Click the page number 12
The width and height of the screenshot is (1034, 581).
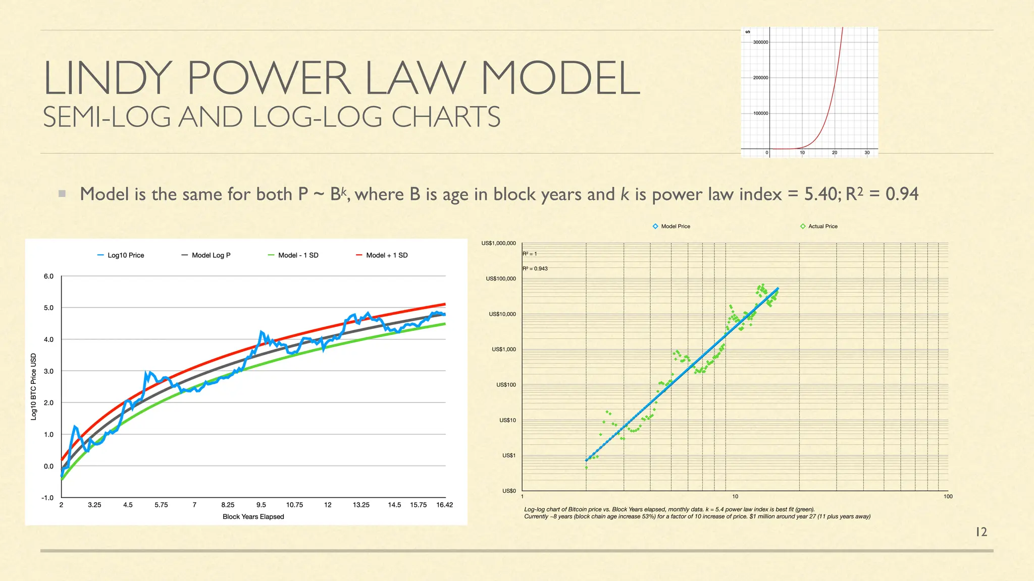click(981, 532)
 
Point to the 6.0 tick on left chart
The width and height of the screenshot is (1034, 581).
click(48, 276)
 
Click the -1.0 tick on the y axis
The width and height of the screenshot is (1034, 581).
click(47, 498)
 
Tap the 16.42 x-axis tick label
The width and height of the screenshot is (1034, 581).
click(444, 505)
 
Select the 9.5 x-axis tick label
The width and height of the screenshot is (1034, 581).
click(261, 505)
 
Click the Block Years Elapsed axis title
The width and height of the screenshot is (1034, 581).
click(253, 516)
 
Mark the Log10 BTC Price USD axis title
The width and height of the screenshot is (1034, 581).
click(34, 386)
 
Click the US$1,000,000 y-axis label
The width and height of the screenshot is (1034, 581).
click(498, 244)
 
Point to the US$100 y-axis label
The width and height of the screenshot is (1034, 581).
click(506, 385)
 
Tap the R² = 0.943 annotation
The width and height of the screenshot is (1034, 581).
click(535, 269)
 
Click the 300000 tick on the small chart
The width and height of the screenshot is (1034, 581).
click(760, 42)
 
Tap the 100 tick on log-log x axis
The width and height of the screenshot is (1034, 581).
click(948, 497)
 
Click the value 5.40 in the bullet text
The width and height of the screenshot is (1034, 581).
click(820, 194)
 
